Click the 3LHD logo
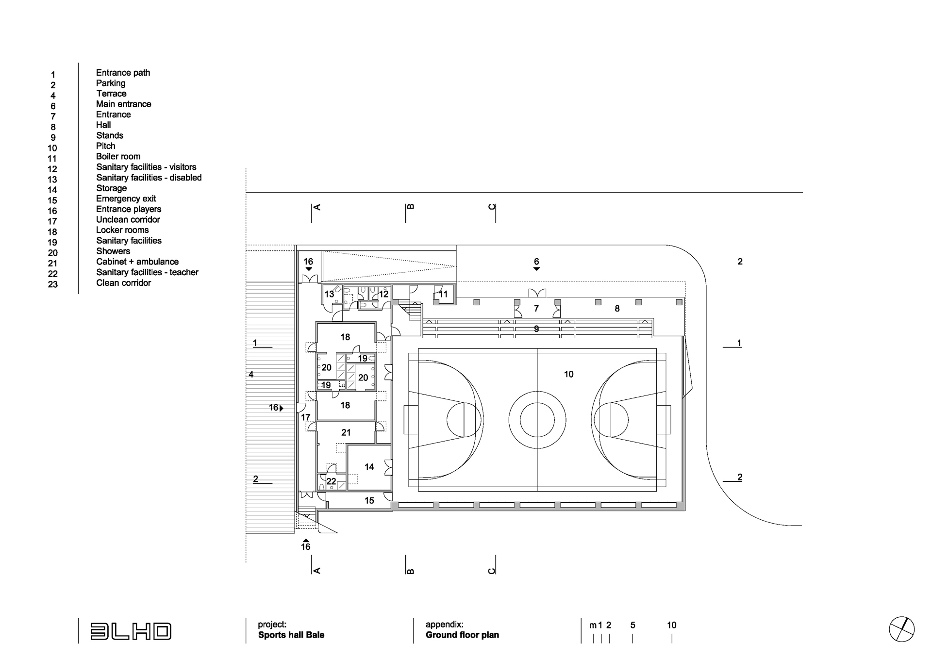click(x=131, y=631)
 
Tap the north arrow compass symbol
click(x=901, y=629)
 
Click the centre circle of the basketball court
click(x=537, y=420)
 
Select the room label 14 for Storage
click(x=369, y=467)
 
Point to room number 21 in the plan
click(x=346, y=432)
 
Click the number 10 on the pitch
click(x=568, y=374)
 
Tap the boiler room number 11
click(x=443, y=294)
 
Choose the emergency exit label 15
click(x=369, y=500)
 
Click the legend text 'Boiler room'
click(x=118, y=156)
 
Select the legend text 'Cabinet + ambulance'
click(x=137, y=262)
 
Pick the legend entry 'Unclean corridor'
click(x=128, y=219)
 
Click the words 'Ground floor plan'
click(x=462, y=635)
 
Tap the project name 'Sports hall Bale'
click(x=291, y=635)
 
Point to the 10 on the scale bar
click(x=671, y=625)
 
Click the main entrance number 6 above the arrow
click(x=536, y=262)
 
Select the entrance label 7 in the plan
click(x=536, y=309)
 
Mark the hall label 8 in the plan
click(x=617, y=309)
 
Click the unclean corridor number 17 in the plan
click(x=305, y=417)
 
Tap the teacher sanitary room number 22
click(x=331, y=481)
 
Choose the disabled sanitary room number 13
click(x=329, y=294)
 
